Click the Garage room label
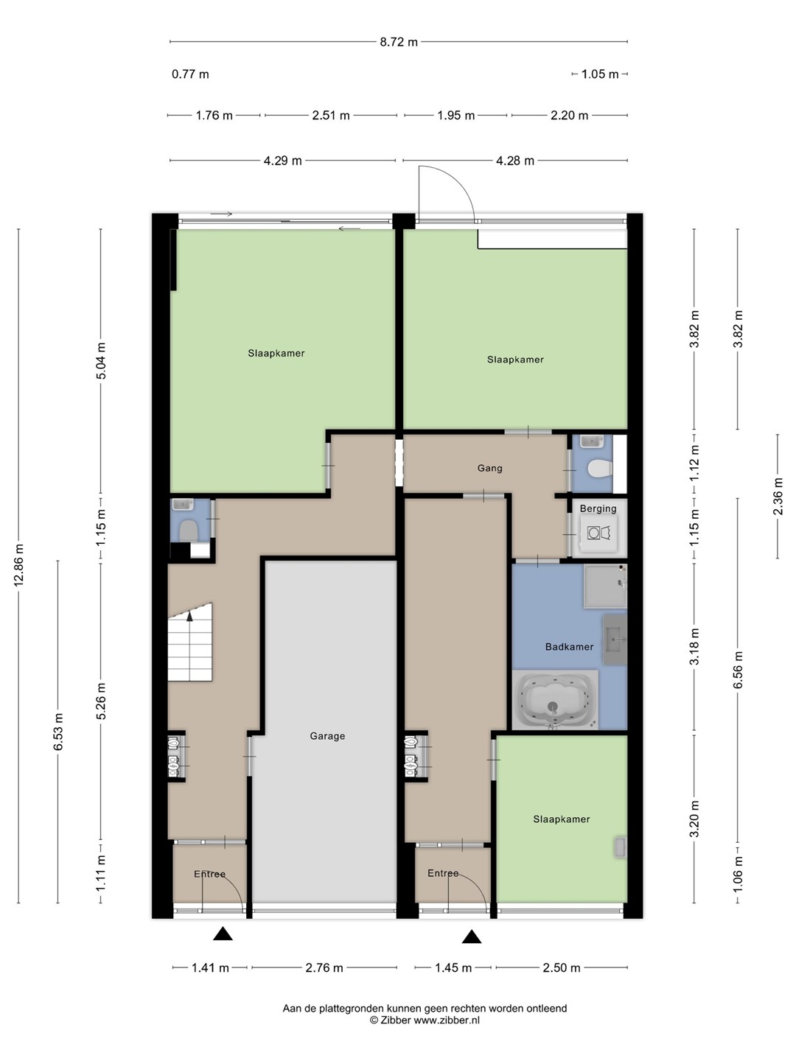(327, 736)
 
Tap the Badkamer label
(569, 647)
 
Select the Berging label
(598, 508)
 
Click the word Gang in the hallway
(489, 468)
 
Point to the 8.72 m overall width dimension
(398, 42)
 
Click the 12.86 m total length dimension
(19, 565)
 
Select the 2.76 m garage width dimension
(324, 967)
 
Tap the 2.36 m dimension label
(778, 496)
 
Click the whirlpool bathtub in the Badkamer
(555, 699)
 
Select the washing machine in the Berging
(599, 533)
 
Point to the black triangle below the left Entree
(223, 934)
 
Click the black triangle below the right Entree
(471, 937)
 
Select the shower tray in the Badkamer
(605, 586)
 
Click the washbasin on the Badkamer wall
(615, 639)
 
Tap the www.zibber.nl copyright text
(425, 1020)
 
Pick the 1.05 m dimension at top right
(600, 74)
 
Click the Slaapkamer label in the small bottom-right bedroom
(561, 819)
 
